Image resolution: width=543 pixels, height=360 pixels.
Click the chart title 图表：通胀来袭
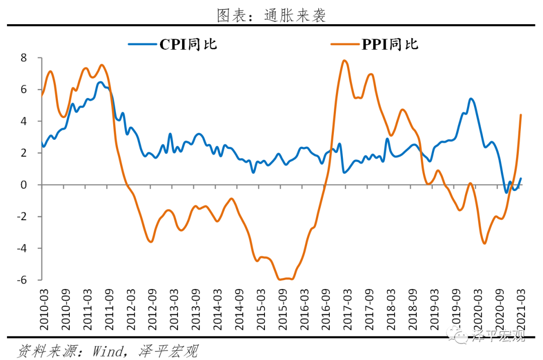tap(271, 15)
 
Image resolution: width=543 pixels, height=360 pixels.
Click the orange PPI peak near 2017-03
tap(344, 61)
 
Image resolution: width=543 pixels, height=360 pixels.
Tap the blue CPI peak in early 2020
tap(471, 99)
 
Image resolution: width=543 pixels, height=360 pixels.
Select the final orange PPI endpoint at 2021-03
tap(521, 115)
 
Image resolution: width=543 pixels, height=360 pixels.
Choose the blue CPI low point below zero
tap(506, 192)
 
